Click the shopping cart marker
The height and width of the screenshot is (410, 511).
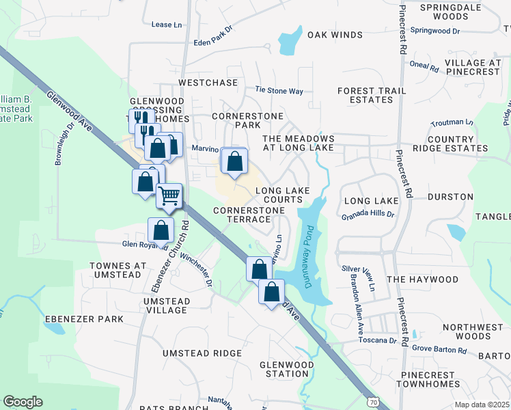point(169,195)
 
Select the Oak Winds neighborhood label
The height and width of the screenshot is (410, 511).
point(334,35)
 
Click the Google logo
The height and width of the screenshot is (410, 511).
point(23,402)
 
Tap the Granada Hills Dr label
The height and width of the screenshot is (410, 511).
point(368,214)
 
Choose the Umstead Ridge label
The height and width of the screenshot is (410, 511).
point(202,353)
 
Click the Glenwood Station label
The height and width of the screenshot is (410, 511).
point(284,369)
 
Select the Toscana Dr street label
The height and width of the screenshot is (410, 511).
point(378,340)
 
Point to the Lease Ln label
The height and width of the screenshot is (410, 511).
point(167,25)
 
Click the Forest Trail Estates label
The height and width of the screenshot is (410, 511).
point(365,95)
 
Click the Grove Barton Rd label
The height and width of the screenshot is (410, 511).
point(439,351)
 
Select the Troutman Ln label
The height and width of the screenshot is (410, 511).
point(452,123)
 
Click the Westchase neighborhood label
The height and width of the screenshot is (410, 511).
point(208,82)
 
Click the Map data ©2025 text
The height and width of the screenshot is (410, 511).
point(482,405)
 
